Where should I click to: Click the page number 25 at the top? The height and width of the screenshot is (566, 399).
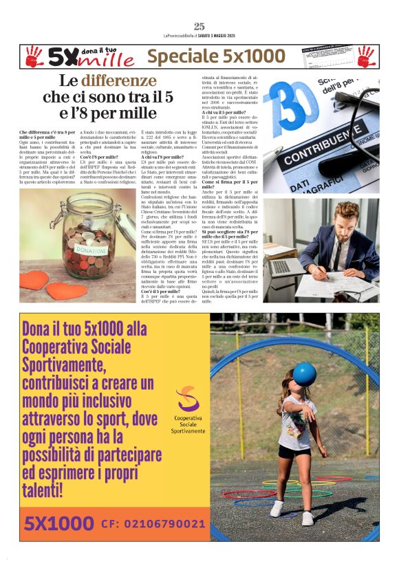pyautogui.click(x=199, y=26)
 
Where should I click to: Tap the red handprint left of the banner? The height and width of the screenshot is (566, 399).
pyautogui.click(x=34, y=56)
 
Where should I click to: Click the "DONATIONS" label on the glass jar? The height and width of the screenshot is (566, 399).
pyautogui.click(x=91, y=250)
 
